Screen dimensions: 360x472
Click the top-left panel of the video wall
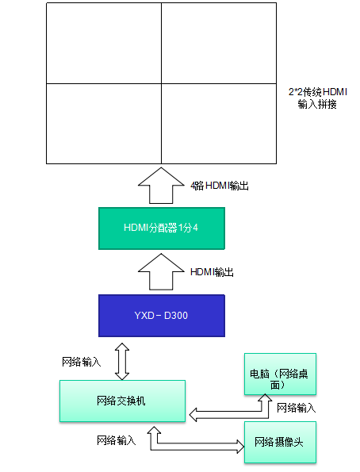(104, 43)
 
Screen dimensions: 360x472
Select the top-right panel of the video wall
(219, 43)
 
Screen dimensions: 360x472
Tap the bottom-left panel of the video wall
(104, 124)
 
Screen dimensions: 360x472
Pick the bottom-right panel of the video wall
(219, 124)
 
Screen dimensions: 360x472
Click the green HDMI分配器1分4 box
(162, 228)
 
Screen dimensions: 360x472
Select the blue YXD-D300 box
(162, 316)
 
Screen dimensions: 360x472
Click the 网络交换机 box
(122, 401)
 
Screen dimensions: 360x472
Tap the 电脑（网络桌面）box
(280, 374)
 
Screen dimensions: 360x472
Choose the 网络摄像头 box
(280, 442)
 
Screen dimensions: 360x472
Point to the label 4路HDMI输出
(220, 186)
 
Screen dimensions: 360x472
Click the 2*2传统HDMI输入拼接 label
(317, 98)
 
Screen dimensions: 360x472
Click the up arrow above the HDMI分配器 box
(161, 185)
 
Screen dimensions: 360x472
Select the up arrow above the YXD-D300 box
(161, 271)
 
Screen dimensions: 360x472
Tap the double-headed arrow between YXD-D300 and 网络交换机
(122, 361)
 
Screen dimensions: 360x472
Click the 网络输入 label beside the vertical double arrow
(81, 362)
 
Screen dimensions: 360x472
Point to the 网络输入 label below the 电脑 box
(297, 408)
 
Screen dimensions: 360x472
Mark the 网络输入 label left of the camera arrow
(117, 440)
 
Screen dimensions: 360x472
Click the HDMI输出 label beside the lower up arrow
(213, 272)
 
